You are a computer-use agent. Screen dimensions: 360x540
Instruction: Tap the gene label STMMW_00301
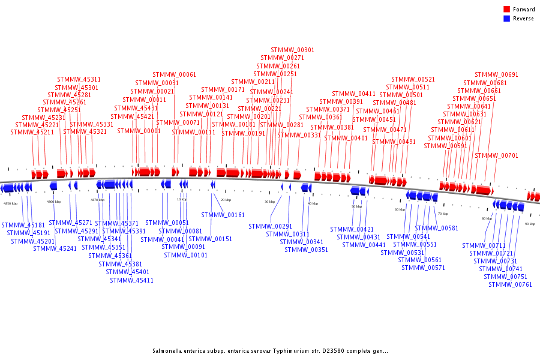[292, 50]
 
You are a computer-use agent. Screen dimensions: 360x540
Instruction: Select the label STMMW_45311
[79, 79]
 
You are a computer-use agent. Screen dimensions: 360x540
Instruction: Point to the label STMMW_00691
[496, 74]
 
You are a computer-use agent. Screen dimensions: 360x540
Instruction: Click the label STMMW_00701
[496, 156]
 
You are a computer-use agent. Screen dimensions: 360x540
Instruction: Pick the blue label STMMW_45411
[131, 280]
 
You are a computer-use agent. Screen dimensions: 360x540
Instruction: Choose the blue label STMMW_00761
[510, 284]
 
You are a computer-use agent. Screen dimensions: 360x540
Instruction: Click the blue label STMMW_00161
[223, 215]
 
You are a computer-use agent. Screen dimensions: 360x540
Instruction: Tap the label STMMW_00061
[174, 74]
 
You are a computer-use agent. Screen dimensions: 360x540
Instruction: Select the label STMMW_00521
[413, 79]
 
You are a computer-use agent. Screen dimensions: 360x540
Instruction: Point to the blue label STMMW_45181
[23, 225]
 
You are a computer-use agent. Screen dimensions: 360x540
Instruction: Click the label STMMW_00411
[353, 94]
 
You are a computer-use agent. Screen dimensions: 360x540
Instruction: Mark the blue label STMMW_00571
[423, 268]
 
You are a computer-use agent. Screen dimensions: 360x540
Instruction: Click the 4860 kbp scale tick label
[53, 202]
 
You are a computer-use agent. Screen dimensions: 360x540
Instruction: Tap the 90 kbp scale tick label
[530, 224]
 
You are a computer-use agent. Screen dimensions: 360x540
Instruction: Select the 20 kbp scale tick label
[226, 200]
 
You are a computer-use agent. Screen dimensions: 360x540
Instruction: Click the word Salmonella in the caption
[169, 351]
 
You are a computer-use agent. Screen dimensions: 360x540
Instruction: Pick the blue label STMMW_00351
[306, 250]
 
